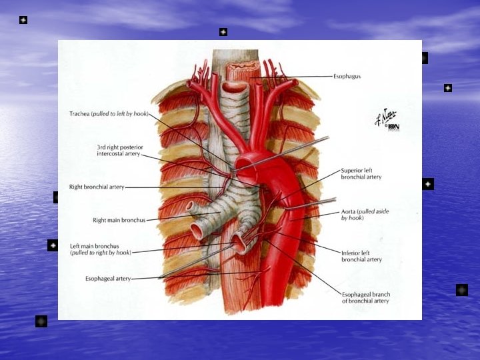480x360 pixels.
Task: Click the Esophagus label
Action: pyautogui.click(x=347, y=77)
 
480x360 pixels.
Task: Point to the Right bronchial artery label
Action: pyautogui.click(x=97, y=187)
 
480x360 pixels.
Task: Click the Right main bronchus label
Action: pyautogui.click(x=119, y=219)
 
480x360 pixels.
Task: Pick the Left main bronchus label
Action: pyautogui.click(x=94, y=246)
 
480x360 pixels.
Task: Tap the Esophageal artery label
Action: pyautogui.click(x=108, y=278)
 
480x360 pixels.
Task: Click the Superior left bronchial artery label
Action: pyautogui.click(x=361, y=173)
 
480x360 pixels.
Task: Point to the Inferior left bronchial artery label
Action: pyautogui.click(x=361, y=255)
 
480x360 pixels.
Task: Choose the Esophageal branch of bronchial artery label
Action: pyautogui.click(x=365, y=297)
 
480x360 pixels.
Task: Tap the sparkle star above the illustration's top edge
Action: pyautogui.click(x=223, y=32)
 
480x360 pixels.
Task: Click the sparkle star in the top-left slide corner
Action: pyautogui.click(x=23, y=20)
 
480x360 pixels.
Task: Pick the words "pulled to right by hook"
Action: pyautogui.click(x=101, y=253)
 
